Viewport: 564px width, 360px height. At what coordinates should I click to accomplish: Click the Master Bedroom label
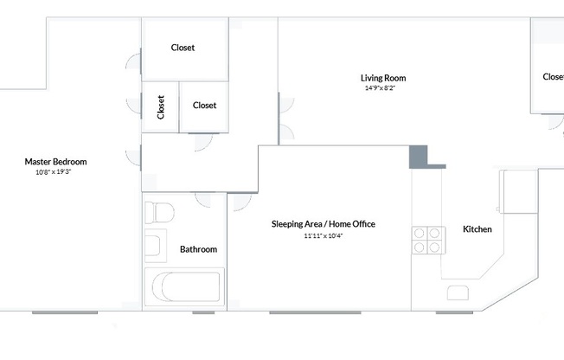55,162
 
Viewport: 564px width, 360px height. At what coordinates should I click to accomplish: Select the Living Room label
384,78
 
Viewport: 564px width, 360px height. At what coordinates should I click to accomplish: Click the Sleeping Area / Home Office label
323,224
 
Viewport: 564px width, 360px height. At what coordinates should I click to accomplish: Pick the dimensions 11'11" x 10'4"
323,235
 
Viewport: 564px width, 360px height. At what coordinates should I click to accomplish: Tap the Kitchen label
477,229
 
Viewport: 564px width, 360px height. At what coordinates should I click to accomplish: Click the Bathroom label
198,249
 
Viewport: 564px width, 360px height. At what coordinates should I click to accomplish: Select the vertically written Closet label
161,106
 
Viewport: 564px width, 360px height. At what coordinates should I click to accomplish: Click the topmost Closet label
183,48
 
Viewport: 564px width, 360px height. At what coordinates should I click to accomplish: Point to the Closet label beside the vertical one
204,106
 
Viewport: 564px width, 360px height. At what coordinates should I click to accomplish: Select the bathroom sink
154,246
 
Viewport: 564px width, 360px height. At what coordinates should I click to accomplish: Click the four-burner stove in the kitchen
427,240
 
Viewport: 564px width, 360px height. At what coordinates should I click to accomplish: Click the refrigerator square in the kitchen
517,192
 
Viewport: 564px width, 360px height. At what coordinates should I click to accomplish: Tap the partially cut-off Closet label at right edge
553,77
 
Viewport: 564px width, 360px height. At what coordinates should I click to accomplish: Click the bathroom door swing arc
208,200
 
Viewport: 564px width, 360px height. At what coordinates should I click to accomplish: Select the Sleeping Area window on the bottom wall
314,312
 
